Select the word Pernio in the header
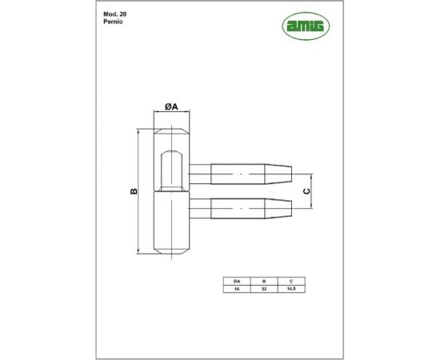[114, 26]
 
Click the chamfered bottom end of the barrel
[171, 251]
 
